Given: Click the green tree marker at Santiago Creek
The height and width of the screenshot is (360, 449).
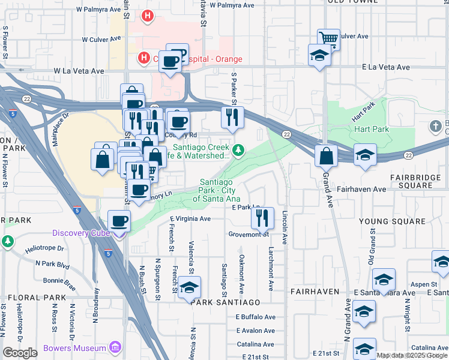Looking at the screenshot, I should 239,150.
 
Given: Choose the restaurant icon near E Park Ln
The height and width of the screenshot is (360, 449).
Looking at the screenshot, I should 262,218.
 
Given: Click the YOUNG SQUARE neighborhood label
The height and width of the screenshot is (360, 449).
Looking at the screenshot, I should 392,221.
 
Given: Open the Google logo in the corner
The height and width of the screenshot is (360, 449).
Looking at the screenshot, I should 20,353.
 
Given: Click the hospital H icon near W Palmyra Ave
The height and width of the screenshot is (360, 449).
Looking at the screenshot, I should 145,14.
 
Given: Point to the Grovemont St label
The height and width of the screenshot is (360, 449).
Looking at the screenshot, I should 249,235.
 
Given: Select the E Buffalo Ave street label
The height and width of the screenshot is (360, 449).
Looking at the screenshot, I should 255,317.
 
